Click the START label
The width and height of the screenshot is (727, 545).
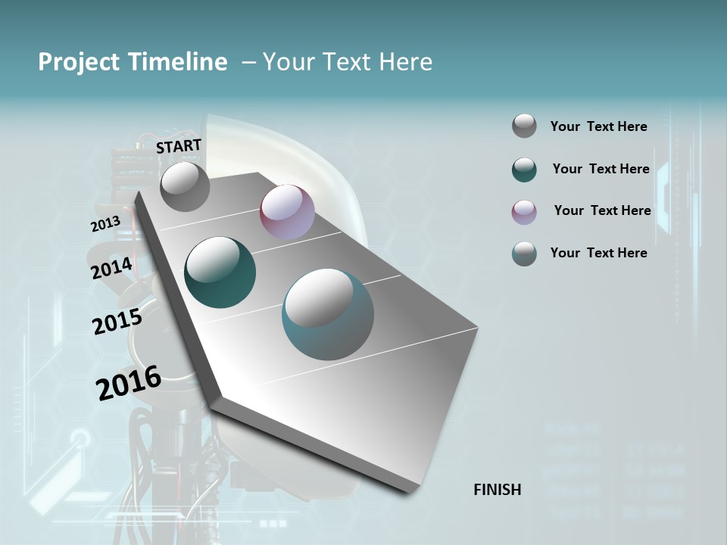click(179, 145)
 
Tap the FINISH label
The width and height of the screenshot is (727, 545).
click(498, 490)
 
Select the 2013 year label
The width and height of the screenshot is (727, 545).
click(105, 224)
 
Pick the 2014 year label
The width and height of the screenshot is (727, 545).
click(111, 269)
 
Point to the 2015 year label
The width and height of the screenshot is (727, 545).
click(117, 322)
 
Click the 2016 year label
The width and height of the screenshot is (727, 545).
click(129, 382)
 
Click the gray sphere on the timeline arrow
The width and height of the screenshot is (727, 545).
click(185, 186)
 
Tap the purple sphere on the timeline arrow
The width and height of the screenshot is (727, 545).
click(287, 212)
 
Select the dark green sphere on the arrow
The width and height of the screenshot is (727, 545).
click(220, 272)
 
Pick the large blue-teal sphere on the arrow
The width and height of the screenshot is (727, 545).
click(328, 314)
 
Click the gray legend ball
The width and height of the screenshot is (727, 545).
click(524, 126)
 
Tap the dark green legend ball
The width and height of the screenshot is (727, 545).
click(524, 170)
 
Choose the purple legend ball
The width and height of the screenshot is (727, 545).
click(524, 212)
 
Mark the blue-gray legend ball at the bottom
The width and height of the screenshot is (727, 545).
click(524, 254)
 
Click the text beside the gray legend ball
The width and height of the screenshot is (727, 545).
click(598, 126)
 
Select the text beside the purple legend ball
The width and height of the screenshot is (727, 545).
click(602, 210)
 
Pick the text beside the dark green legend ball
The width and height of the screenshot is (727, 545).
click(601, 169)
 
